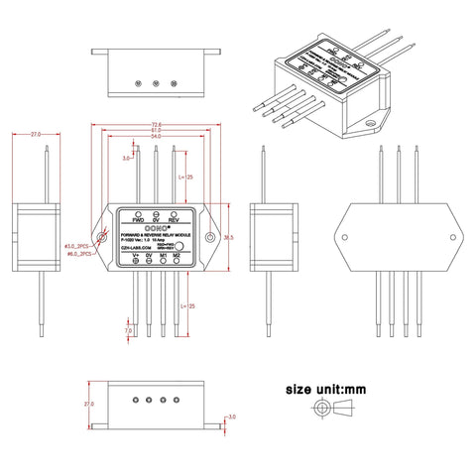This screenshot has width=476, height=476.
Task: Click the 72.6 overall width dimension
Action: pos(157,124)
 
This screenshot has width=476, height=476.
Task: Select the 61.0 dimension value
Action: pos(157,131)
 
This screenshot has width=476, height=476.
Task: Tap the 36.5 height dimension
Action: pos(229,238)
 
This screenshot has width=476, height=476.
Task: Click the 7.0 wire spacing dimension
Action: pos(128,329)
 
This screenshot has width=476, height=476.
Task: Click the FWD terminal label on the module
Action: pos(138,219)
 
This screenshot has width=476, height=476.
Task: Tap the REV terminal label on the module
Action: pos(175,219)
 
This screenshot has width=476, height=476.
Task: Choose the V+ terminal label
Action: pos(136,255)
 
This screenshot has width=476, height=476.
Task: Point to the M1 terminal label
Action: pos(163,255)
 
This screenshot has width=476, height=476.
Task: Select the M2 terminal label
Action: pos(177,255)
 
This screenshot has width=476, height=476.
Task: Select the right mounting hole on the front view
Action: pos(209,237)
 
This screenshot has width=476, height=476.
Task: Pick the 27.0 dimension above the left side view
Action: pos(36,133)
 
